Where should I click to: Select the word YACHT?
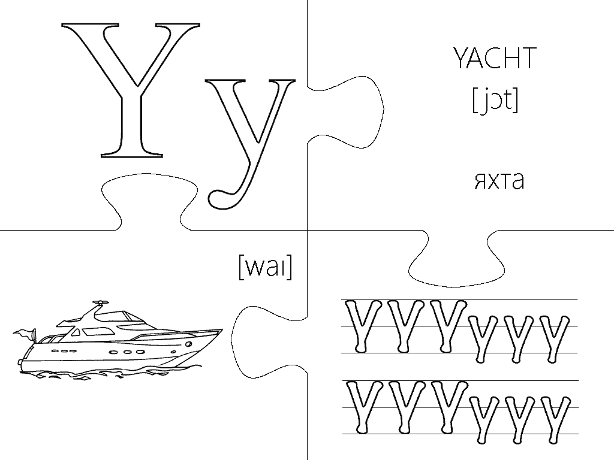(x=494, y=59)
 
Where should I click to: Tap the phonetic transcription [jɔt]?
(x=495, y=99)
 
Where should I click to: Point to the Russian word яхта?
(x=498, y=180)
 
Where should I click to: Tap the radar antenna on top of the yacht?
(x=100, y=304)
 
